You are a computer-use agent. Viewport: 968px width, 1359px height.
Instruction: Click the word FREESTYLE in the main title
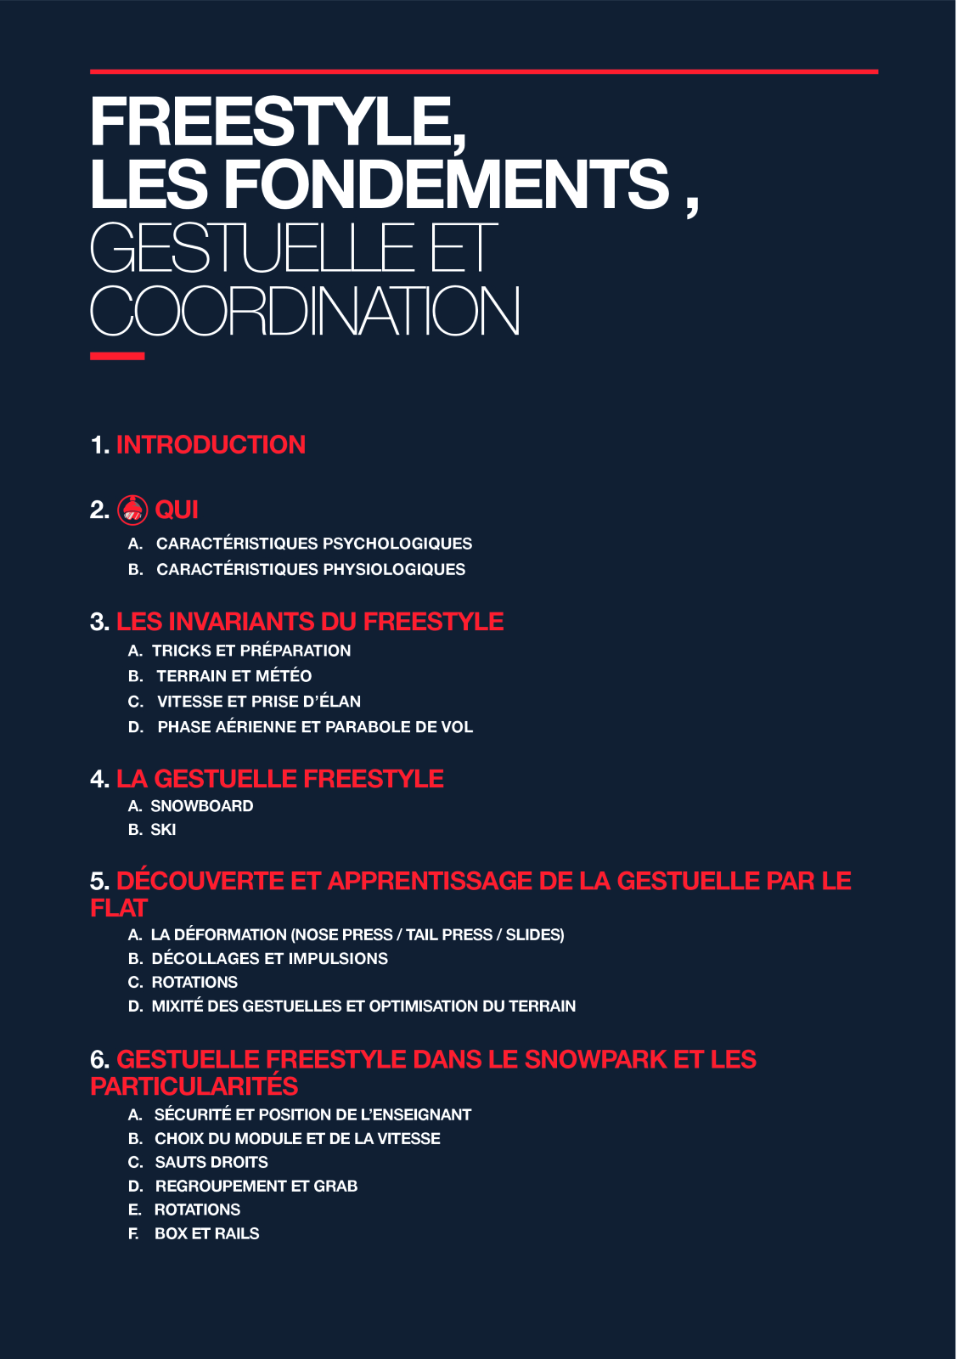tap(276, 121)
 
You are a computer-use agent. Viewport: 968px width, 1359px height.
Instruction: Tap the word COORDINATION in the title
tap(305, 312)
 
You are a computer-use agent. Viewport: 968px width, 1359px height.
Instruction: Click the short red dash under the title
tap(117, 356)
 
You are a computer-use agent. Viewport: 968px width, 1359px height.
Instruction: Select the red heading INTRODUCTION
tap(211, 445)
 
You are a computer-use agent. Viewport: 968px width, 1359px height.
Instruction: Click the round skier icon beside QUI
tap(132, 510)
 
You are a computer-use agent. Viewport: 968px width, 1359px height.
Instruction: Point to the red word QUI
tap(177, 510)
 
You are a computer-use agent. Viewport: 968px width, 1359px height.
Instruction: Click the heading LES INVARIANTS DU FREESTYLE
tap(310, 622)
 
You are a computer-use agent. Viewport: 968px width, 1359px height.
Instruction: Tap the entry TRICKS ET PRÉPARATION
tap(250, 651)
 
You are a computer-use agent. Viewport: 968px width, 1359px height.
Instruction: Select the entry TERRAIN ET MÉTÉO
tap(234, 676)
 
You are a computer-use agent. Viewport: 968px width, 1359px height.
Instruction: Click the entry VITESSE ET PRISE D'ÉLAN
tap(258, 702)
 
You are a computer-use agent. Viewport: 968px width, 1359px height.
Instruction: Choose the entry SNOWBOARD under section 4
tap(201, 806)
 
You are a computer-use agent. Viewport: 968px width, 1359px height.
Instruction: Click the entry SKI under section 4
tap(163, 830)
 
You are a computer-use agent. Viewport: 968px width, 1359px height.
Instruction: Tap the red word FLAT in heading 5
tap(119, 908)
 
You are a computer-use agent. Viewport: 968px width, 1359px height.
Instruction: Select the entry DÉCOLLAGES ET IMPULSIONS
tap(269, 959)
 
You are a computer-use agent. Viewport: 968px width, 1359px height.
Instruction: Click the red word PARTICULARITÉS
tap(194, 1086)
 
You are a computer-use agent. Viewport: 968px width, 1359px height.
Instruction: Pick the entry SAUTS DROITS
tap(211, 1162)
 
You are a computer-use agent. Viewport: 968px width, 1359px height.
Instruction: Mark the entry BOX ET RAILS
tap(206, 1233)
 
